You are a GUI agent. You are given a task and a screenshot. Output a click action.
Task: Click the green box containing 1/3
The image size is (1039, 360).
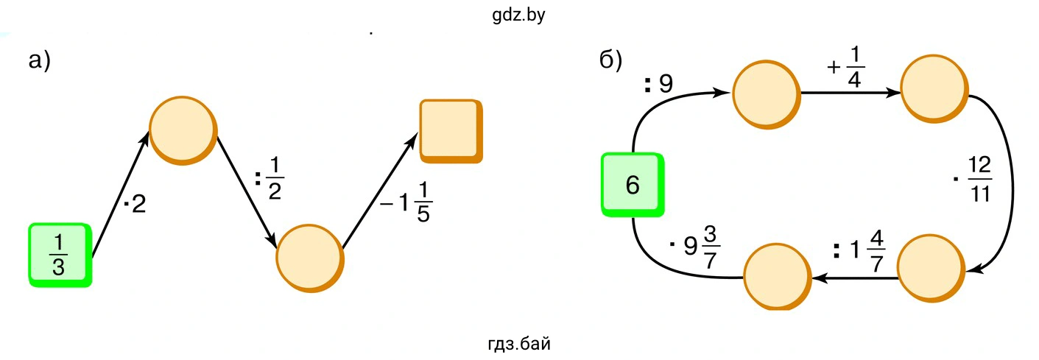point(59,254)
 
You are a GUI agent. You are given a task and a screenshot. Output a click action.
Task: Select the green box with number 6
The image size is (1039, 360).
point(633,184)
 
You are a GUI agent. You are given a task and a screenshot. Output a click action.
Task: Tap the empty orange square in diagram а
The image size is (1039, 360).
point(450,130)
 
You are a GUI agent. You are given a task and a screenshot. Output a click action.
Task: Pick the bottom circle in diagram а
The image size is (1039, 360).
point(309,258)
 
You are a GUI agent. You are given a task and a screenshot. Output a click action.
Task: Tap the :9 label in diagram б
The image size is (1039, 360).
point(658,85)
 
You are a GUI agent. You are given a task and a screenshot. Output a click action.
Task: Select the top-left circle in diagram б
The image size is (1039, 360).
point(765,93)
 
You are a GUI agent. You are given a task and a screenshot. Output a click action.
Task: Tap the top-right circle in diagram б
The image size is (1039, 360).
point(932,91)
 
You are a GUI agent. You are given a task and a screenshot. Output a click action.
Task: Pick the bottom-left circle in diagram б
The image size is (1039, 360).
point(777,278)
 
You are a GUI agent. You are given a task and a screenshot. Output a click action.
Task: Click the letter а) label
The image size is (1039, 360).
point(39,60)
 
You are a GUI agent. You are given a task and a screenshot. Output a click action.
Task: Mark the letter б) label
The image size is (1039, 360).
point(611,60)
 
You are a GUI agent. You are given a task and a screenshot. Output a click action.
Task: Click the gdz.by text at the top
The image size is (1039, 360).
point(518,14)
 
